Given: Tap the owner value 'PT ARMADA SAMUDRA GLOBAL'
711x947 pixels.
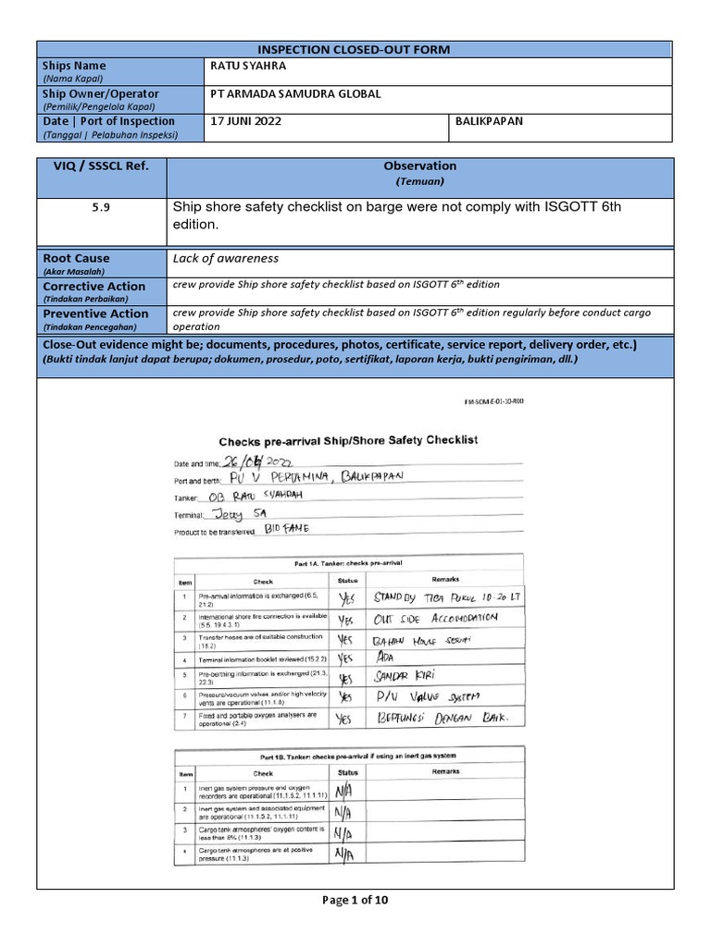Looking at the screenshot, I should [x=296, y=94].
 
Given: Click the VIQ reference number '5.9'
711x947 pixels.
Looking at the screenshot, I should [x=100, y=209].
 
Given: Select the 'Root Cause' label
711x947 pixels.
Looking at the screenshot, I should [x=76, y=259].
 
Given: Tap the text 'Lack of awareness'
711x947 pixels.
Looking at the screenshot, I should [x=226, y=259].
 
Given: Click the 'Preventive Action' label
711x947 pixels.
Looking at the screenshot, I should [x=95, y=314].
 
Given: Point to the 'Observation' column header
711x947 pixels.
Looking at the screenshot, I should [x=420, y=166].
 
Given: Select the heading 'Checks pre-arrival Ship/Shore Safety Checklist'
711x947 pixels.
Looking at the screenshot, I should [x=347, y=441].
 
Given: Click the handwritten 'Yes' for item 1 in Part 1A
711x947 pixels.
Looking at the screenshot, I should [x=346, y=598].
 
